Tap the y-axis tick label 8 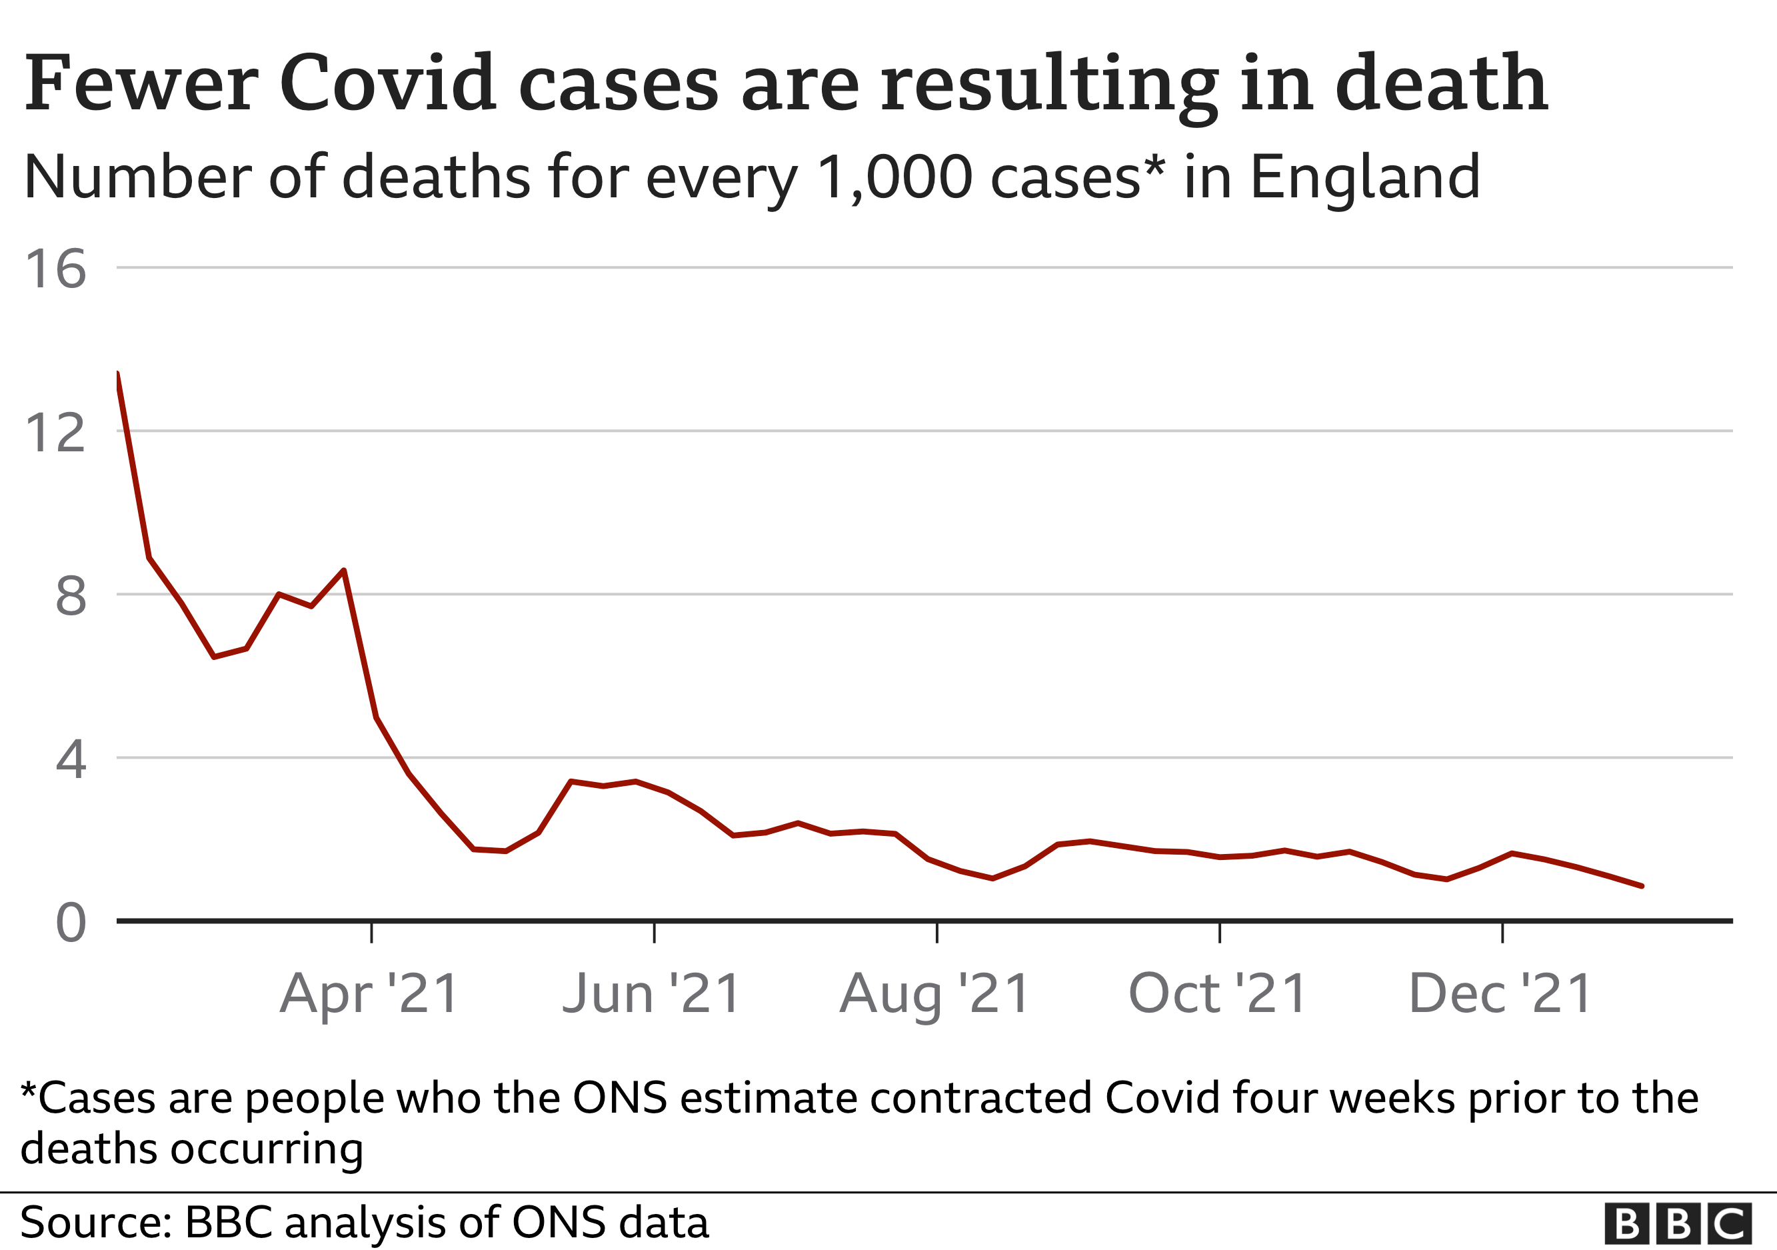point(71,597)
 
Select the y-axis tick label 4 point(71,759)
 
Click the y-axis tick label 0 point(71,923)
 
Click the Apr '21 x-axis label point(370,994)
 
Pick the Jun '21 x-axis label point(653,994)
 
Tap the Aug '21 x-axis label point(935,994)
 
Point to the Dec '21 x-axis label point(1500,994)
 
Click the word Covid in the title point(387,83)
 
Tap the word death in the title point(1441,83)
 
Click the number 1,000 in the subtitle point(894,178)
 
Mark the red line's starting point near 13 point(117,375)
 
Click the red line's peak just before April point(344,571)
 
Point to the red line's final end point point(1642,886)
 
